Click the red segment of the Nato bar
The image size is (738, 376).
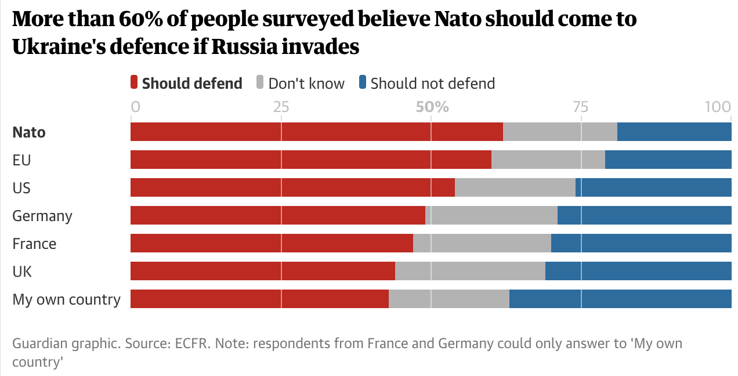316,132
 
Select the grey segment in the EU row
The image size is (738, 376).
548,160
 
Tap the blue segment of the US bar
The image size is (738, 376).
653,187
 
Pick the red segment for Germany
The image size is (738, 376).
277,215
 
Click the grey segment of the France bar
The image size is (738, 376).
482,243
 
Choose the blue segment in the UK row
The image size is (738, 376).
638,271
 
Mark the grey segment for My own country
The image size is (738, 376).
448,299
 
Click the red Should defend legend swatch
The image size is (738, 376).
134,83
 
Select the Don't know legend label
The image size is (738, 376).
306,84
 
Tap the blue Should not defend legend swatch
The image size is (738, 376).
363,83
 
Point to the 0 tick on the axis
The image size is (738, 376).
136,107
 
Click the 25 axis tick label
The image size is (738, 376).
281,107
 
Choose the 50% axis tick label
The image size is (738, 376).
432,107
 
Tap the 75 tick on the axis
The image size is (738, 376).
581,107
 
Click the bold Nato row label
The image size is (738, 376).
29,132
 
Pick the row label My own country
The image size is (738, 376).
67,299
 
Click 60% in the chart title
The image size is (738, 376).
147,19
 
